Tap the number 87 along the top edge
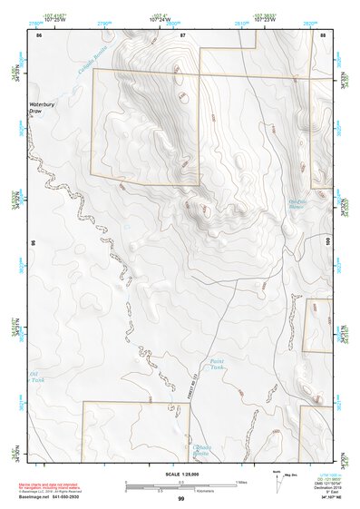(x=182, y=34)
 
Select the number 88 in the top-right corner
(x=323, y=34)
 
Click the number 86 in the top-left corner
(x=38, y=34)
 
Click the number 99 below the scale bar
(x=180, y=499)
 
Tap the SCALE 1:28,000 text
(x=180, y=473)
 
